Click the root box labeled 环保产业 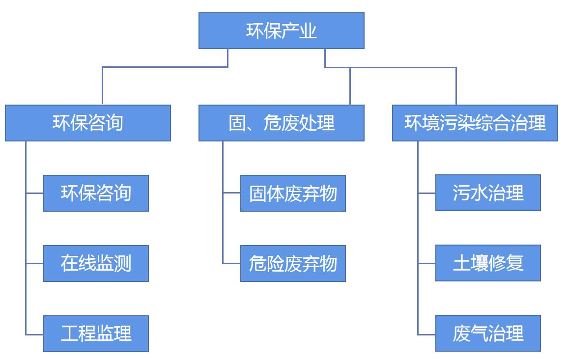pos(281,30)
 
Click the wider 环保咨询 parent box pos(88,123)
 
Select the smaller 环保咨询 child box pos(96,193)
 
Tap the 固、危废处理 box pos(281,123)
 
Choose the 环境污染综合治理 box pos(475,123)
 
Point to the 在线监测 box pos(96,263)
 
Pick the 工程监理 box pos(96,333)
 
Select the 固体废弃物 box pos(293,193)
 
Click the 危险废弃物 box pos(293,263)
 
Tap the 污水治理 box pos(488,193)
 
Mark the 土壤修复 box pos(488,263)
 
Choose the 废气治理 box pos(488,333)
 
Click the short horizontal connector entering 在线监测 pos(35,264)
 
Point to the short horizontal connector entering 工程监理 pos(35,334)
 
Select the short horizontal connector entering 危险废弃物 pos(231,264)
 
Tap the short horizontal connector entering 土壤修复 pos(427,264)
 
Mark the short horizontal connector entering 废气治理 pos(427,334)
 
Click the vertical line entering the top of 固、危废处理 pos(350,86)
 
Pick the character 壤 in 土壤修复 pos(479,263)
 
